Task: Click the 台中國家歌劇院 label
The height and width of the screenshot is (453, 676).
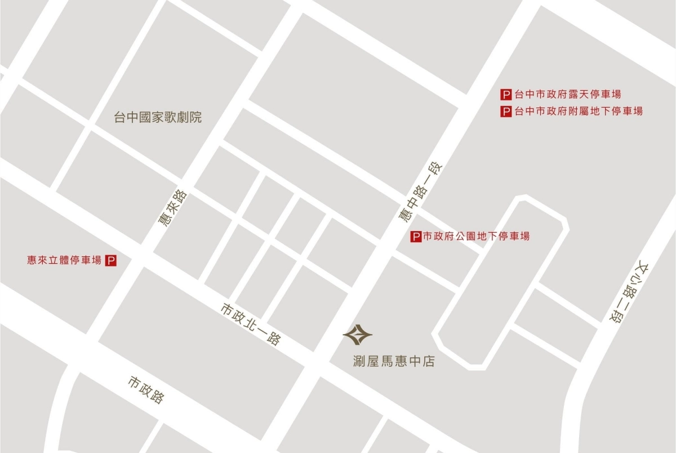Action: tap(158, 118)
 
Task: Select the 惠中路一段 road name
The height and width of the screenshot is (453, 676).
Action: tap(420, 193)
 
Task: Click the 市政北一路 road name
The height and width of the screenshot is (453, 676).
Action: tap(251, 325)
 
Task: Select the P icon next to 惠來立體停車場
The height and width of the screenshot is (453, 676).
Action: tap(111, 260)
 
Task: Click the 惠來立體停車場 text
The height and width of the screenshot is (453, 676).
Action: tap(64, 260)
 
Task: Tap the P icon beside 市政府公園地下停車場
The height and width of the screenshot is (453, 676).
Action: tap(415, 237)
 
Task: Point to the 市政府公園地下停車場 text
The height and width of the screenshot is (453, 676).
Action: tap(476, 237)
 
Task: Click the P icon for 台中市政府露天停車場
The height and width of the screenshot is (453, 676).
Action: tap(506, 95)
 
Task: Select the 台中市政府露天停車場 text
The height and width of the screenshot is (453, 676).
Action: tap(568, 95)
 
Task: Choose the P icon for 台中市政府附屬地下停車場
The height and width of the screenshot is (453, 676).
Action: tap(506, 112)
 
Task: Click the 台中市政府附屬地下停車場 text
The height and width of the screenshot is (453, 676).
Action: tap(579, 112)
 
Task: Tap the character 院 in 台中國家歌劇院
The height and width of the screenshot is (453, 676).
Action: tap(195, 118)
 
